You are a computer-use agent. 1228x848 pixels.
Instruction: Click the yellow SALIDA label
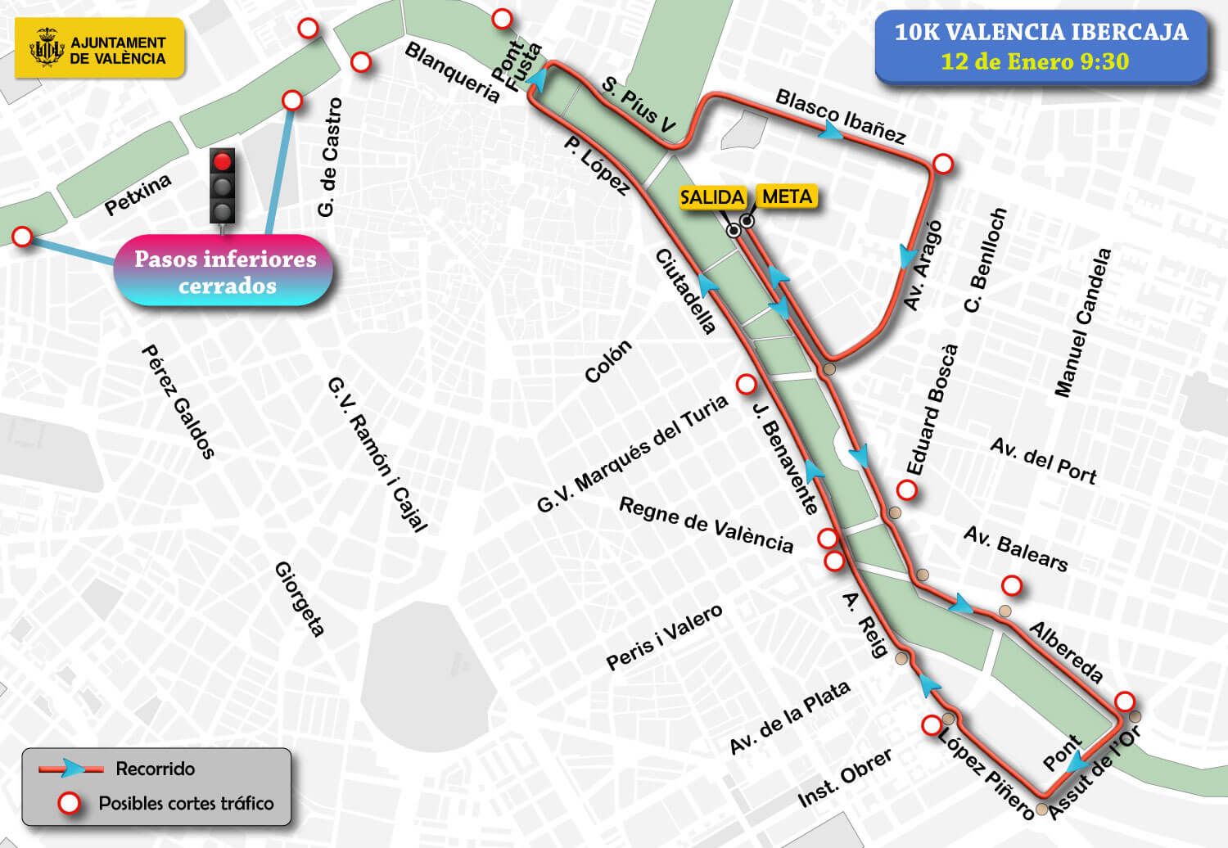pos(712,197)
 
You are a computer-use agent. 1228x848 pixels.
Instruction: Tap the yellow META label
pos(787,196)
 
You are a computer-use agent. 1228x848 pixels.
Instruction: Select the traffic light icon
pos(223,187)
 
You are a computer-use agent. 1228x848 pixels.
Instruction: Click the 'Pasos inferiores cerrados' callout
pos(225,272)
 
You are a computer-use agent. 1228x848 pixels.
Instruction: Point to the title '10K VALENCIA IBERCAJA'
pos(1041,33)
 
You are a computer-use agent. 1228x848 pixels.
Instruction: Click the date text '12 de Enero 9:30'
pos(1035,62)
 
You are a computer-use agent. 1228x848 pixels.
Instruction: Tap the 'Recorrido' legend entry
pos(155,769)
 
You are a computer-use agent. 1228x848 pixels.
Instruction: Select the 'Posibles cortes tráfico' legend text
pos(186,803)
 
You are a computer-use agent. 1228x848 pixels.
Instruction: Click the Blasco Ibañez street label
pos(841,116)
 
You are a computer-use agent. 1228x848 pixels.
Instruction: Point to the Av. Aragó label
pos(923,265)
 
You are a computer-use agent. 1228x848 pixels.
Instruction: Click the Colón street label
pos(608,362)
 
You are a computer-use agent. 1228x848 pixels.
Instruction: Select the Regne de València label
pos(706,525)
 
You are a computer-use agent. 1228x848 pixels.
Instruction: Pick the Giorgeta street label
pos(300,598)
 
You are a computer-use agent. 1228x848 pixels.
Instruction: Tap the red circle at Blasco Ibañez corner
pos(943,164)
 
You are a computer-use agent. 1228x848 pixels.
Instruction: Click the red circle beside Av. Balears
pos(1012,586)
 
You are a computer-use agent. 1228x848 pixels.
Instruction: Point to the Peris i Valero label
pos(664,638)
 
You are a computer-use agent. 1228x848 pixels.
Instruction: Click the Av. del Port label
pos(1043,460)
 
